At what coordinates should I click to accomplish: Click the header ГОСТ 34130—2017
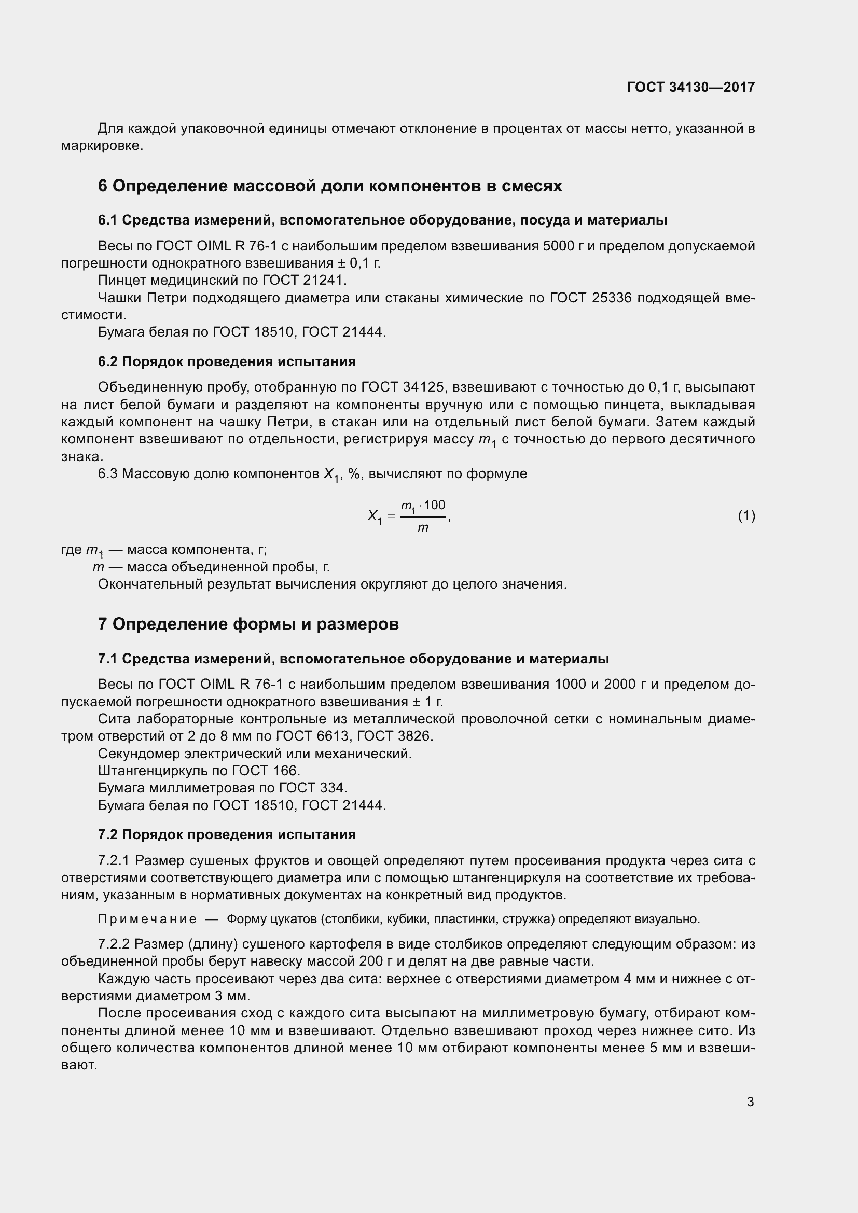click(690, 87)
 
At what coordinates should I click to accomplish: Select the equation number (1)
click(746, 515)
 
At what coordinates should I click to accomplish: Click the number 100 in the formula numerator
click(434, 505)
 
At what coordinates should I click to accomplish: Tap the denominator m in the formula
click(423, 528)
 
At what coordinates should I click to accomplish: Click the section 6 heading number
click(103, 186)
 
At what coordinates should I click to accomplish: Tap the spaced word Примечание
click(147, 919)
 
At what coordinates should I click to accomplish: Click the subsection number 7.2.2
click(114, 944)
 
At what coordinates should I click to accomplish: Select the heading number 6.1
click(107, 220)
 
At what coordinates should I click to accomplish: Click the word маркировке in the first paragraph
click(102, 145)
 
